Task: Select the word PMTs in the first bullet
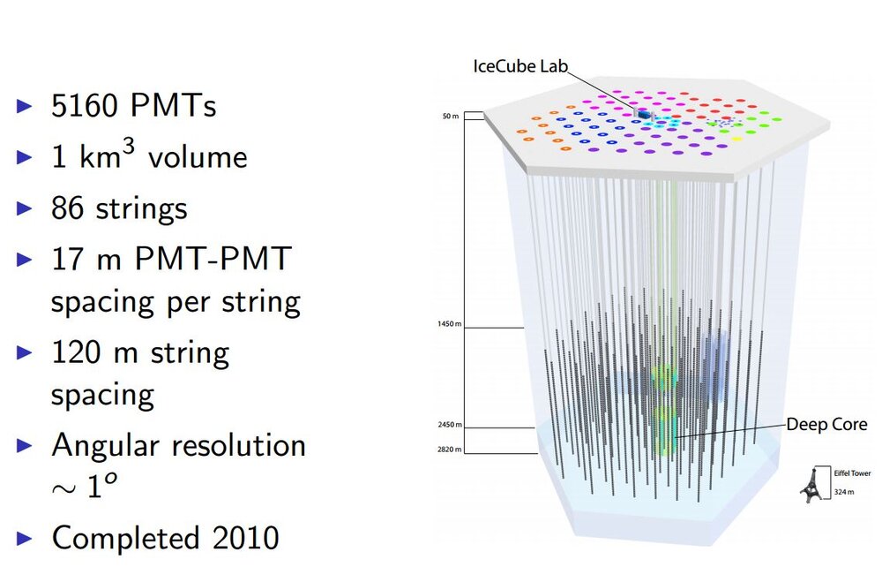pos(173,107)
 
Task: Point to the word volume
pos(198,158)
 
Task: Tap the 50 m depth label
pos(451,116)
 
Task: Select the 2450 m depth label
pos(448,425)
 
